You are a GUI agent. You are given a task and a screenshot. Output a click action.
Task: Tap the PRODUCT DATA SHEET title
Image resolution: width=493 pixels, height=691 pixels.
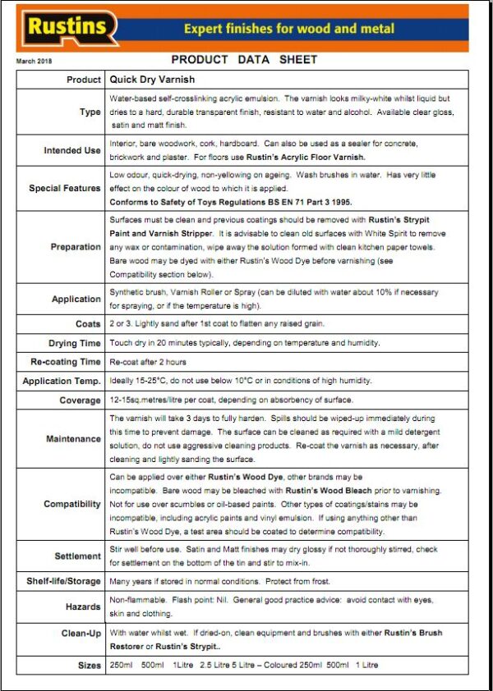(244, 60)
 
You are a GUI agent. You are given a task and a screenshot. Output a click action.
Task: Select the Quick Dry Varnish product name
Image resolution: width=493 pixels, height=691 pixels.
(152, 80)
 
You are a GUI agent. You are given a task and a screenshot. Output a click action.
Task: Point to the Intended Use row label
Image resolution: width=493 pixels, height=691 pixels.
(72, 150)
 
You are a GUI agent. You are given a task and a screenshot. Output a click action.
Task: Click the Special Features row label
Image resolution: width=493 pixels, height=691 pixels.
(65, 188)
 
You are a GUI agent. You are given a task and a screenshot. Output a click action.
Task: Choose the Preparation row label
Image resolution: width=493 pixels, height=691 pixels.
(76, 246)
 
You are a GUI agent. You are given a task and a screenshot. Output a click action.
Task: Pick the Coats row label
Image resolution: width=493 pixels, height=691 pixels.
(88, 324)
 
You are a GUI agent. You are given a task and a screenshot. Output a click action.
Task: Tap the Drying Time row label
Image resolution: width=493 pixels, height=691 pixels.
(75, 343)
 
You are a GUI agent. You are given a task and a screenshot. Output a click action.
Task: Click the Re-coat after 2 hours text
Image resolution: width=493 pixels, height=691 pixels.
(148, 362)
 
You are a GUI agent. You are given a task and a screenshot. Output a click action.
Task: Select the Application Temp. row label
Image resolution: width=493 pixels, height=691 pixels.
(62, 381)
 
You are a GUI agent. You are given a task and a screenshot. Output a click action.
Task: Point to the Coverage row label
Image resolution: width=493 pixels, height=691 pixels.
(80, 400)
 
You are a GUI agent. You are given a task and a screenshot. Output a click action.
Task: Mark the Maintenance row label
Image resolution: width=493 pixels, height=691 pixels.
(73, 438)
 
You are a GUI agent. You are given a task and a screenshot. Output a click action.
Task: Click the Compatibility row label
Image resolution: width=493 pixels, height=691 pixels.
(72, 504)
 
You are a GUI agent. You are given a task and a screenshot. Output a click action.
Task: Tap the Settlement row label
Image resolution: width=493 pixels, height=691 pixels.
(77, 556)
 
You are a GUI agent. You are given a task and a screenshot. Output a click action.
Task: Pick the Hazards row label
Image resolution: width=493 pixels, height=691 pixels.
(83, 607)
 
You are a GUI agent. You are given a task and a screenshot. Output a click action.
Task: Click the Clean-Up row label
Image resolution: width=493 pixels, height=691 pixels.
(81, 634)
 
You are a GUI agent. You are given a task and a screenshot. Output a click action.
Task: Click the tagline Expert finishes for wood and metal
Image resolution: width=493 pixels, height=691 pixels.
(288, 29)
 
